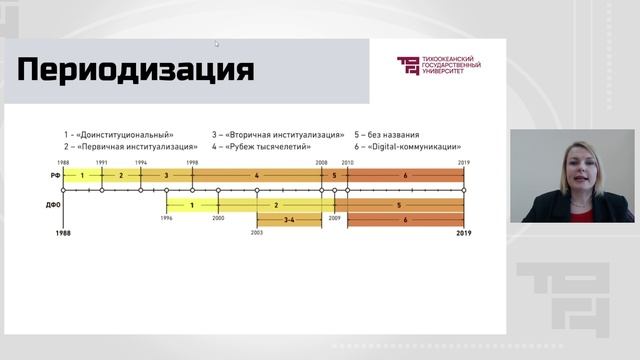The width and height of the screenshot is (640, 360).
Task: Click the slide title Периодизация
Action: tap(136, 71)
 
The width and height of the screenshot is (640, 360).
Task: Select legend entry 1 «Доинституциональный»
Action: tap(119, 134)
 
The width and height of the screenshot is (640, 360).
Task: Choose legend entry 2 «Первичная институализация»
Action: tap(130, 146)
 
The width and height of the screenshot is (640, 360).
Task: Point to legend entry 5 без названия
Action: tap(387, 134)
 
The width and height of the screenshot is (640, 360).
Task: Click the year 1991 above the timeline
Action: tap(102, 162)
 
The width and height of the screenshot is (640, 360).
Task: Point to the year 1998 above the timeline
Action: tap(191, 162)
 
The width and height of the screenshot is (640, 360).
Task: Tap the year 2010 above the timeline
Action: tap(348, 162)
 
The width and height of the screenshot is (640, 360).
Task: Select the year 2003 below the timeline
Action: tap(257, 231)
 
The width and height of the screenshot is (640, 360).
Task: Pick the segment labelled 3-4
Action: tap(289, 219)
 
